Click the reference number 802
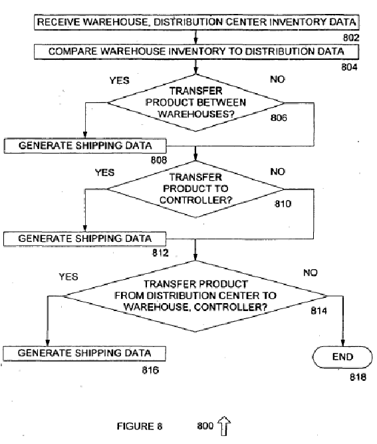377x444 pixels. (x=351, y=38)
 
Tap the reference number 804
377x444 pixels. (x=349, y=67)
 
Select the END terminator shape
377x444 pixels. (x=342, y=357)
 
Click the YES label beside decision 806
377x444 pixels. (x=119, y=80)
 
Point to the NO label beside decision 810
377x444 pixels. (x=277, y=171)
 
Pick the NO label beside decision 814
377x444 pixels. (x=311, y=273)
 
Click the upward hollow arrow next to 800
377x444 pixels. (x=224, y=425)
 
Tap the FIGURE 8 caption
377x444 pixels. (x=140, y=426)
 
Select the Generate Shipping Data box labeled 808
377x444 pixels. (x=85, y=146)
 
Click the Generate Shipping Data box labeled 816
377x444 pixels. (x=84, y=354)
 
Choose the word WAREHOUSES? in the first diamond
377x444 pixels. (x=196, y=114)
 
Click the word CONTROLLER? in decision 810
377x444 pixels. (x=195, y=200)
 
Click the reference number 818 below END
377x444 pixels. (x=358, y=377)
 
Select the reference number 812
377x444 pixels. (x=160, y=253)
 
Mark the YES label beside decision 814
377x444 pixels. (x=68, y=277)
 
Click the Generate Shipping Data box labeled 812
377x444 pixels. (x=84, y=239)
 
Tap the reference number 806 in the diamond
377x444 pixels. (x=279, y=118)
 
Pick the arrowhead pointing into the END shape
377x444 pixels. (x=342, y=343)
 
